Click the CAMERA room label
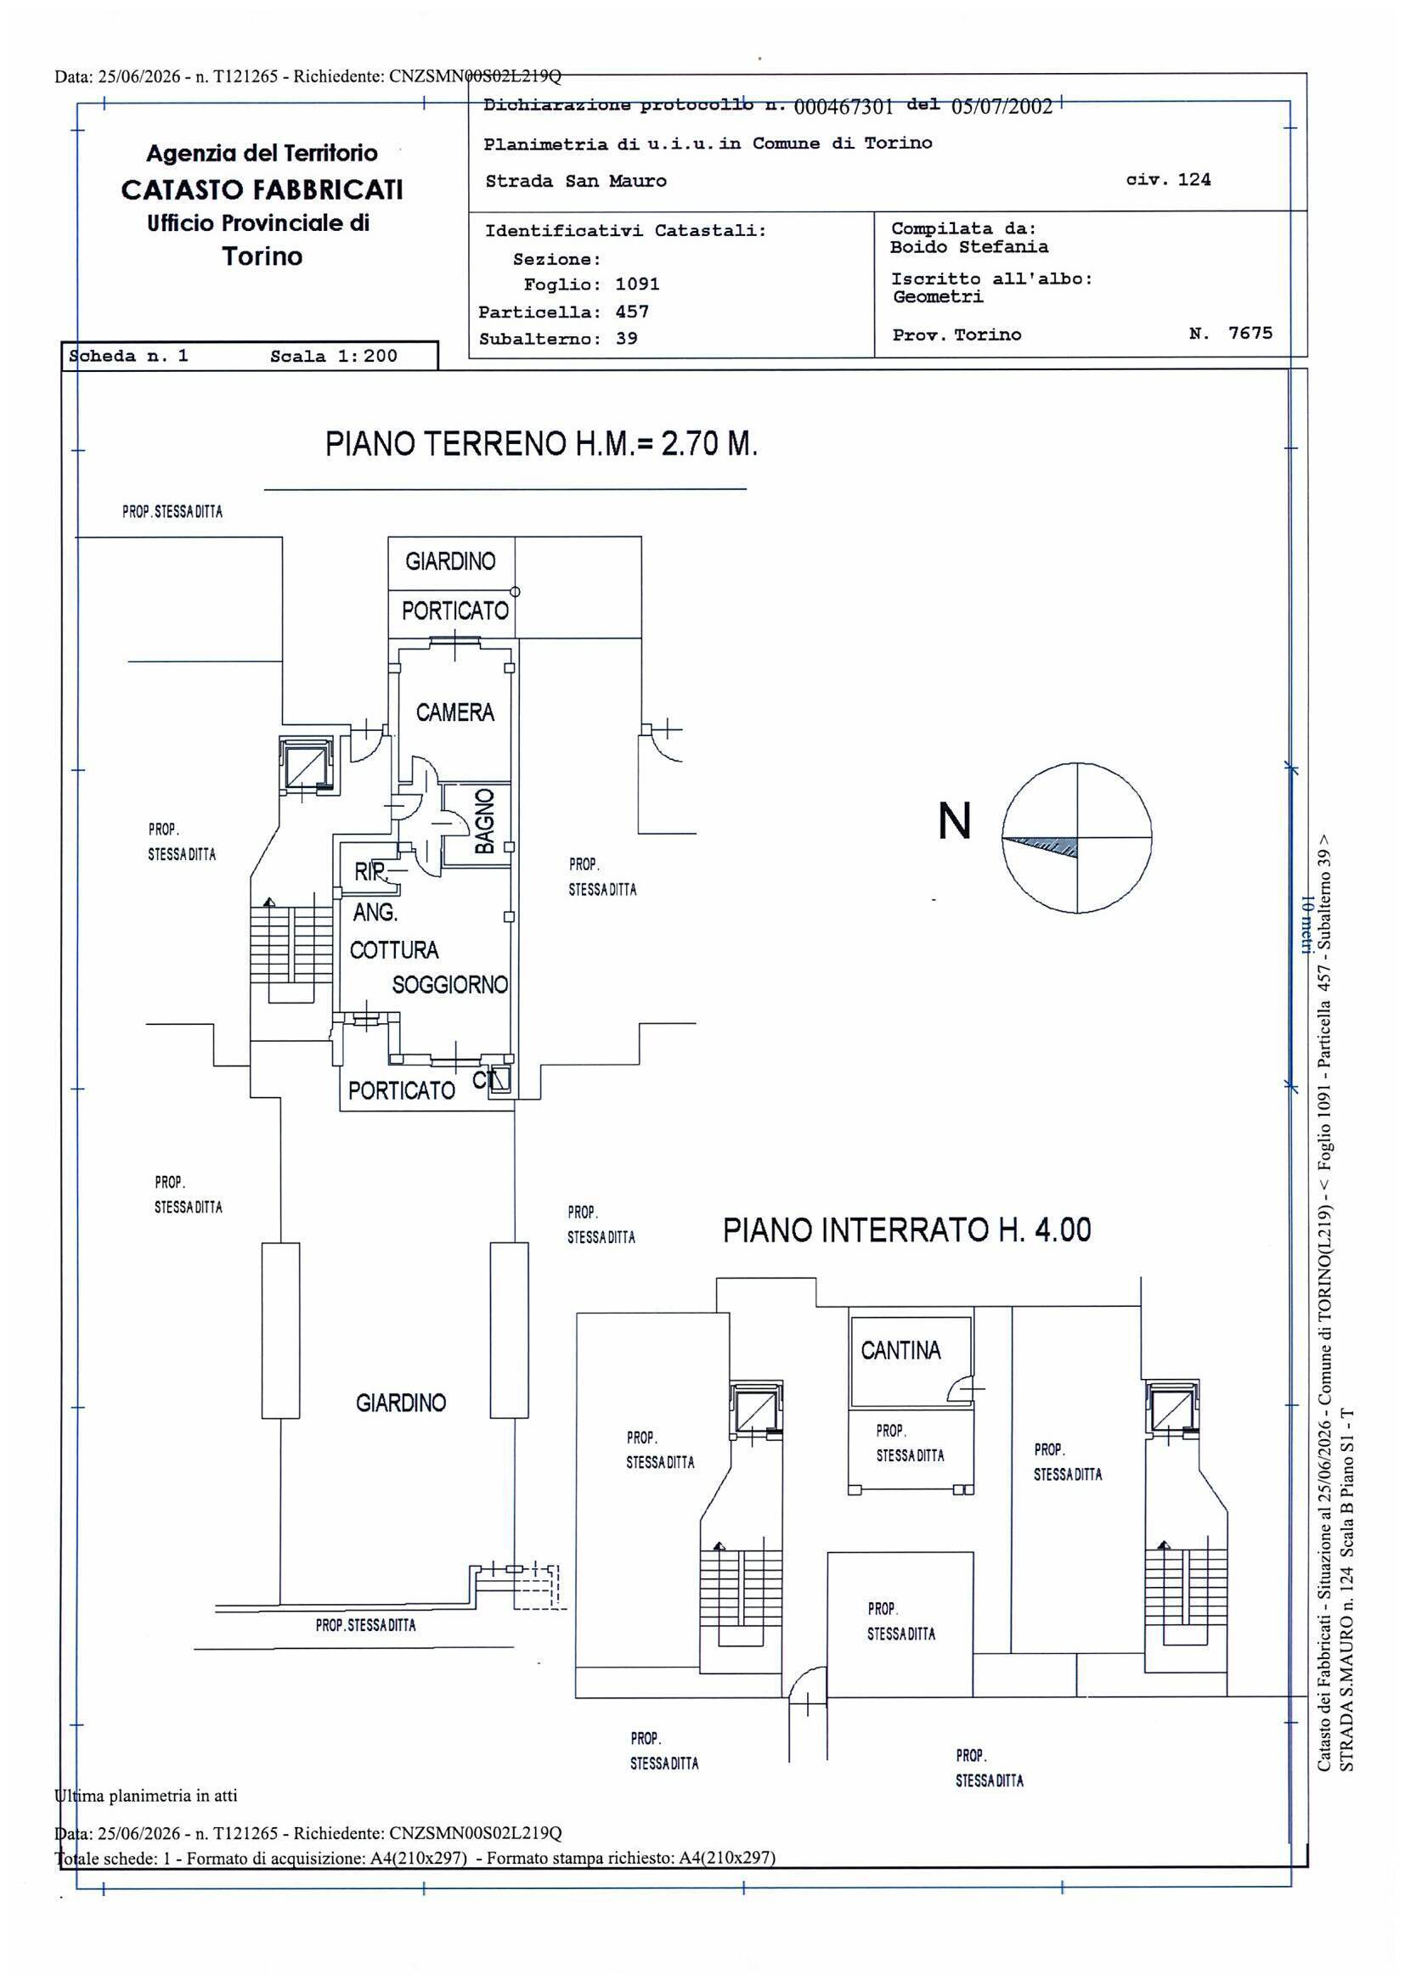(455, 712)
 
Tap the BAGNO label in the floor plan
(484, 820)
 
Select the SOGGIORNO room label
(450, 984)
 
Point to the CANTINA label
(900, 1350)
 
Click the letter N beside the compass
(954, 821)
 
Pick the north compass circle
(1077, 837)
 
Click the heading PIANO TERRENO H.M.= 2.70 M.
(542, 445)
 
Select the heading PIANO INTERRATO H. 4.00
(906, 1230)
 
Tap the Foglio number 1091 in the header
(638, 284)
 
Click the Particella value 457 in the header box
(633, 312)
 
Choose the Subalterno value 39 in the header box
(626, 338)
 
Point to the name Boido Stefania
(970, 246)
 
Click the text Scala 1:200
(334, 357)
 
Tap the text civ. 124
(1169, 180)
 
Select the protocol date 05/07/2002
(1002, 106)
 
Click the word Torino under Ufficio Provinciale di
(262, 256)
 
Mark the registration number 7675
(1251, 333)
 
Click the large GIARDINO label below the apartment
(401, 1402)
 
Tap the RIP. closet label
(370, 871)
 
